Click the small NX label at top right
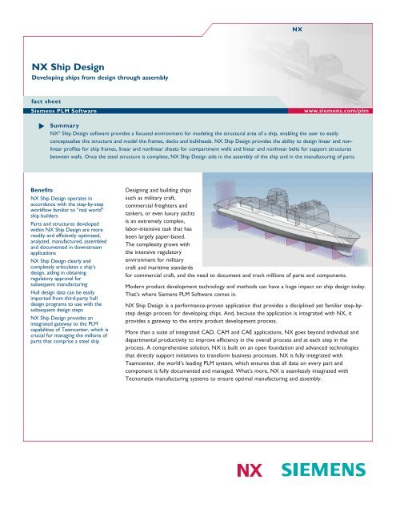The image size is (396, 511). (297, 30)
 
